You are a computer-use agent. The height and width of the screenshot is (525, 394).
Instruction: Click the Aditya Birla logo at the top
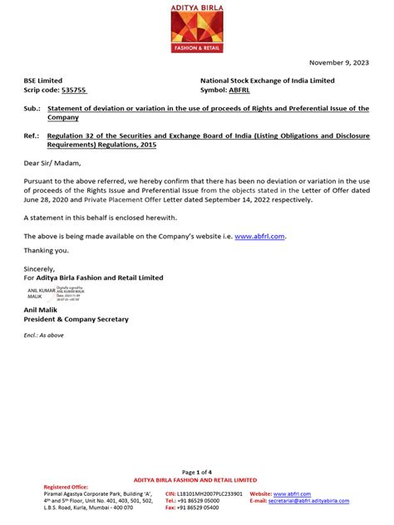click(196, 29)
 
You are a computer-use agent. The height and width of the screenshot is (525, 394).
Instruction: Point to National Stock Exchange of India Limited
click(268, 81)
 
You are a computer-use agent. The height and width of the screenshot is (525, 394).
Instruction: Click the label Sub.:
click(32, 109)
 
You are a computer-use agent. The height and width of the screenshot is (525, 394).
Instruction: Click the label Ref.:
click(32, 136)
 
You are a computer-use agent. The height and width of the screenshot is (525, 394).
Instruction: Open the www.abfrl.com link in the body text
click(259, 237)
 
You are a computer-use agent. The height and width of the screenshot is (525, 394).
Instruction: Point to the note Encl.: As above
click(47, 334)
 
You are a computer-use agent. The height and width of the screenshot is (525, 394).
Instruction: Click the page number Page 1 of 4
click(196, 472)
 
